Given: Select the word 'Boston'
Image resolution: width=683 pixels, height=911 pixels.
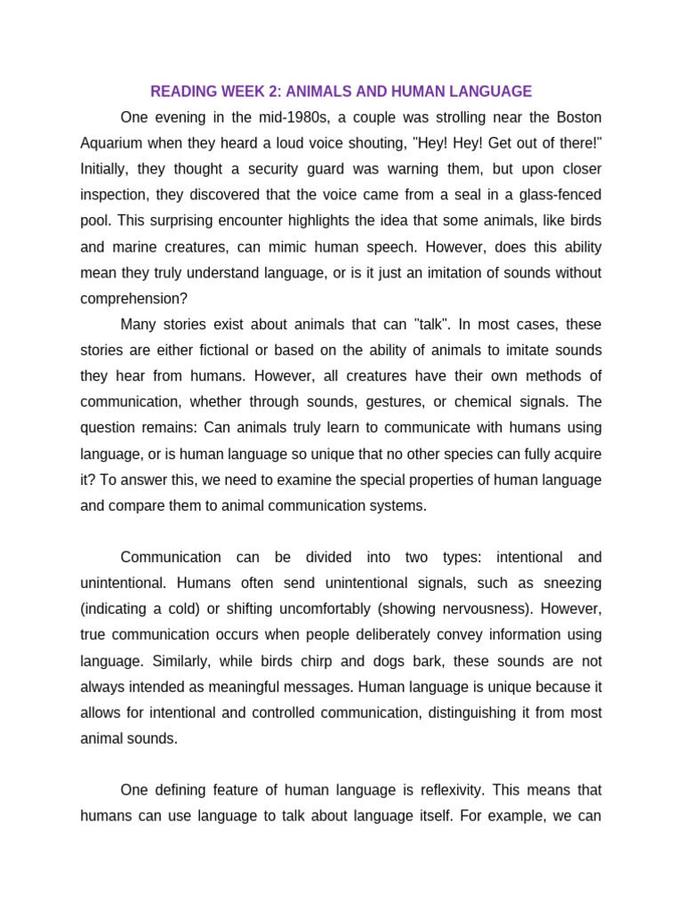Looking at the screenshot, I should click(578, 117).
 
